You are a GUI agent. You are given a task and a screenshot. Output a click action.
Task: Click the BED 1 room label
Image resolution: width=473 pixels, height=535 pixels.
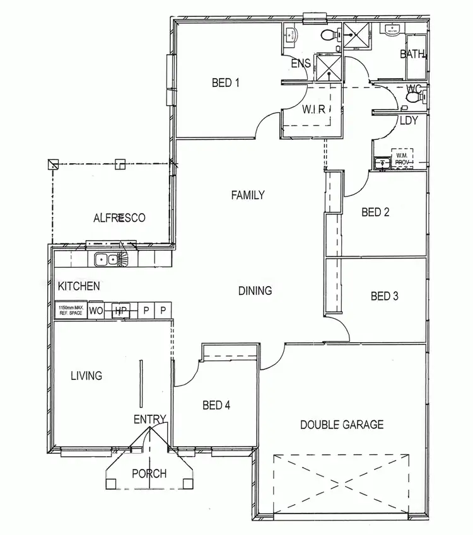[226, 82]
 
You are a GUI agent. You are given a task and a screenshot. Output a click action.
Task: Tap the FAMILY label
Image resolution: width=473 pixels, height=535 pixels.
[247, 195]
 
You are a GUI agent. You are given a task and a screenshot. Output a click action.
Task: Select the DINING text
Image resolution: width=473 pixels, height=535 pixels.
[255, 291]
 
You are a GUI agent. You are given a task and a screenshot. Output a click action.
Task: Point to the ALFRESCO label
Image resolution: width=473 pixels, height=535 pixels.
[119, 218]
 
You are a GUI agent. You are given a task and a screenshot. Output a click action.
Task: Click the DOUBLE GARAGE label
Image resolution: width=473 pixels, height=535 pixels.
[341, 424]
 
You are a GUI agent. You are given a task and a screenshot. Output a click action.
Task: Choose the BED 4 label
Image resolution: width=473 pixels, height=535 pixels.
[216, 405]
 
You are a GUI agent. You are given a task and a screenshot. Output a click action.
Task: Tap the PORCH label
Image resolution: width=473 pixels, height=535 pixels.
[149, 473]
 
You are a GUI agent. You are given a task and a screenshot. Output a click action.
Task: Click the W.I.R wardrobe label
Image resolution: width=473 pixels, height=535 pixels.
[313, 108]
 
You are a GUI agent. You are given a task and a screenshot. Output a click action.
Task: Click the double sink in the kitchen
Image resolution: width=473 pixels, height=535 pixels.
[105, 258]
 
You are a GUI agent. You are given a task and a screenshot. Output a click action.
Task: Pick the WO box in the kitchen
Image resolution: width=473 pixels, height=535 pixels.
[96, 310]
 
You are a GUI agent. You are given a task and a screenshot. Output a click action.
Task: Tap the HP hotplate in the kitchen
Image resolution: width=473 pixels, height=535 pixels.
[120, 310]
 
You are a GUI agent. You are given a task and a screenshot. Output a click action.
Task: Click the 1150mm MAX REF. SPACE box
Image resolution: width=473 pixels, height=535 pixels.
[70, 310]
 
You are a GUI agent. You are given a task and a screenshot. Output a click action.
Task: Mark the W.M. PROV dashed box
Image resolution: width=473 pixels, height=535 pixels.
[402, 158]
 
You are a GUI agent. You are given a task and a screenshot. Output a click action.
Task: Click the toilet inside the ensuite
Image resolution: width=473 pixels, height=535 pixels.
[328, 35]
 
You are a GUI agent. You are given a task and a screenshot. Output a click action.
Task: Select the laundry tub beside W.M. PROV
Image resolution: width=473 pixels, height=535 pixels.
[380, 164]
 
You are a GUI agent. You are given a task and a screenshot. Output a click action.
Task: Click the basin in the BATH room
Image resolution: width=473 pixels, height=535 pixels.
[392, 29]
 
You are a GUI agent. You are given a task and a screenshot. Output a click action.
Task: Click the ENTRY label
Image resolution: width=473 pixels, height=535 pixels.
[149, 419]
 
